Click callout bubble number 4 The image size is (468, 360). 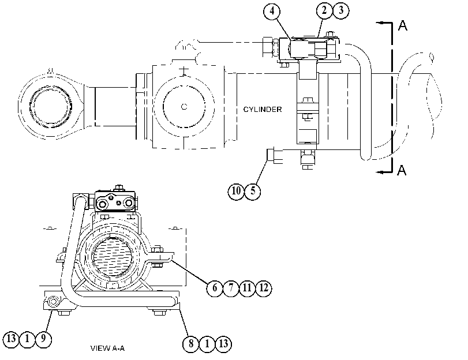272,11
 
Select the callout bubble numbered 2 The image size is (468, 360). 324,10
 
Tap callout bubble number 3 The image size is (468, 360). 341,10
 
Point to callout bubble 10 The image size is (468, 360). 236,191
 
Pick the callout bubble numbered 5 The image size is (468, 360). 253,191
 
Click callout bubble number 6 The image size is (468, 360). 214,288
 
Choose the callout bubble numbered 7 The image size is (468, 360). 231,288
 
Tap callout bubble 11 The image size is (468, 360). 247,288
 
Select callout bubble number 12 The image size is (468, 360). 264,288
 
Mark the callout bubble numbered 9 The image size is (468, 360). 43,339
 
